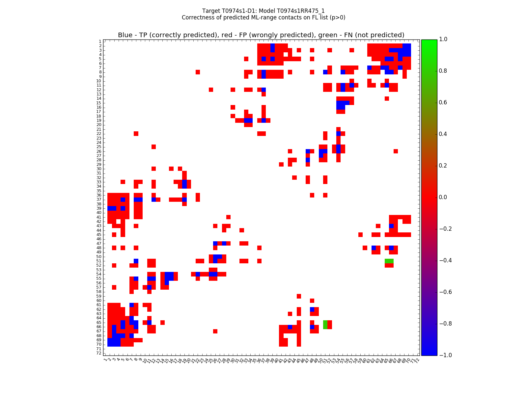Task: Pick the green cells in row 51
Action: tap(389, 261)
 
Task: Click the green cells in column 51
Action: tap(325, 325)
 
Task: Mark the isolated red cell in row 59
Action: tap(299, 296)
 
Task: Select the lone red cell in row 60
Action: tap(312, 301)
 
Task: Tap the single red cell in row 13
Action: tap(263, 94)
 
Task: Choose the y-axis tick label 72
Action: tap(98, 353)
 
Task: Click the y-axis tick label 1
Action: tap(100, 41)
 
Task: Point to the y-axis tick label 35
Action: tap(98, 191)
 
